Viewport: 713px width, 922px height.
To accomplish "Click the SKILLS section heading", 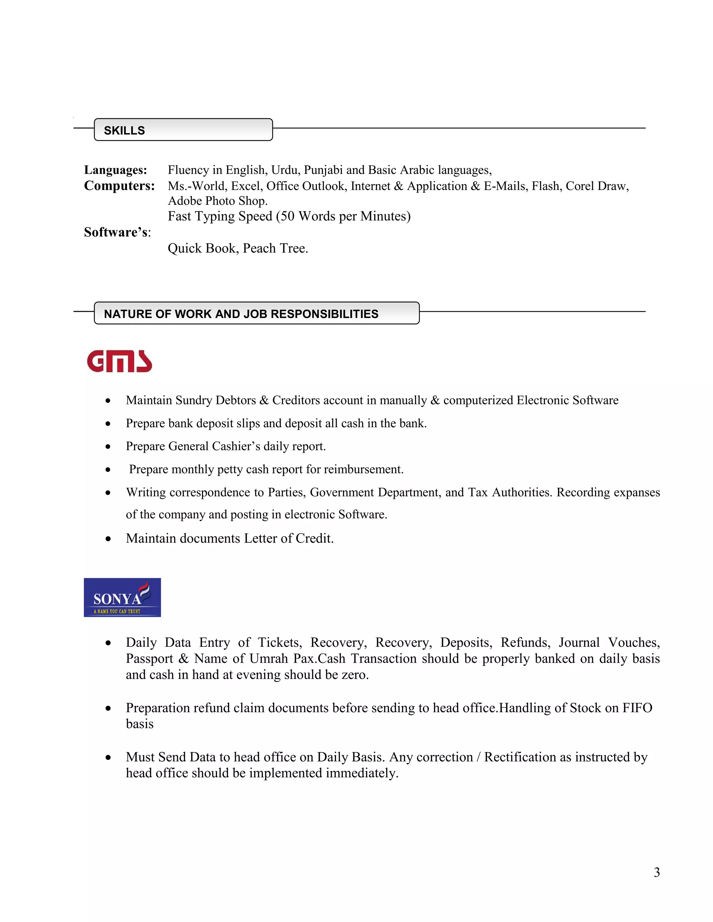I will point(124,130).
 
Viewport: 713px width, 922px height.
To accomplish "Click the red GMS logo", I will point(119,361).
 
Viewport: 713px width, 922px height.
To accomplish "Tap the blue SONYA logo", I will point(122,597).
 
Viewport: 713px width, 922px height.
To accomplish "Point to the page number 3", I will point(656,872).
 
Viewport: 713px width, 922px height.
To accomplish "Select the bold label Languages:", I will point(115,170).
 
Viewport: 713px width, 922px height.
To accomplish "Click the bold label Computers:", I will point(119,186).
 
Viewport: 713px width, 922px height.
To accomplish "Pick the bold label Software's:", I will point(117,232).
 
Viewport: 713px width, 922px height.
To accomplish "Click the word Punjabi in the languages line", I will point(323,170).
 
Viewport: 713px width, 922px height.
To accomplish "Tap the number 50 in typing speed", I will point(287,216).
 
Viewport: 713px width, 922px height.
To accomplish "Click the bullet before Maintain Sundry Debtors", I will point(108,400).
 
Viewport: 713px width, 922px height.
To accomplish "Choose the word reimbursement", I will point(363,469).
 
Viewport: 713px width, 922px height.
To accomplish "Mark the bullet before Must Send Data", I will point(108,757).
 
